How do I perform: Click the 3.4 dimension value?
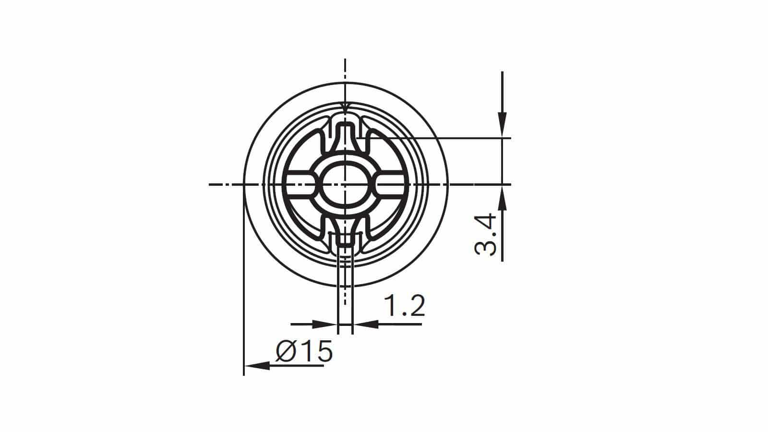click(485, 235)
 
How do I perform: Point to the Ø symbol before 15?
click(287, 351)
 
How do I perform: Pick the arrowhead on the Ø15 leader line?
click(256, 366)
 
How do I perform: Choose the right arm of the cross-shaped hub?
click(390, 184)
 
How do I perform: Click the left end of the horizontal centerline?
click(211, 184)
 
